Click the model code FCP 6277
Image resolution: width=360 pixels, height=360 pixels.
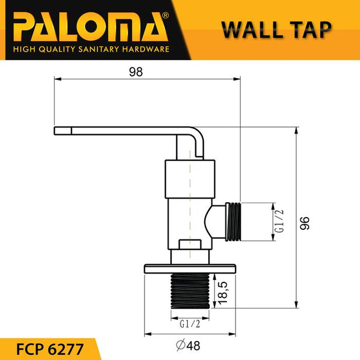[50, 349]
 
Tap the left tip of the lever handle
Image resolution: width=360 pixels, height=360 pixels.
[57, 131]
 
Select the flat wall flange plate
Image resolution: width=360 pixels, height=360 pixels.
[190, 268]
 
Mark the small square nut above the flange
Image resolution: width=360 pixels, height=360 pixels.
[190, 244]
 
